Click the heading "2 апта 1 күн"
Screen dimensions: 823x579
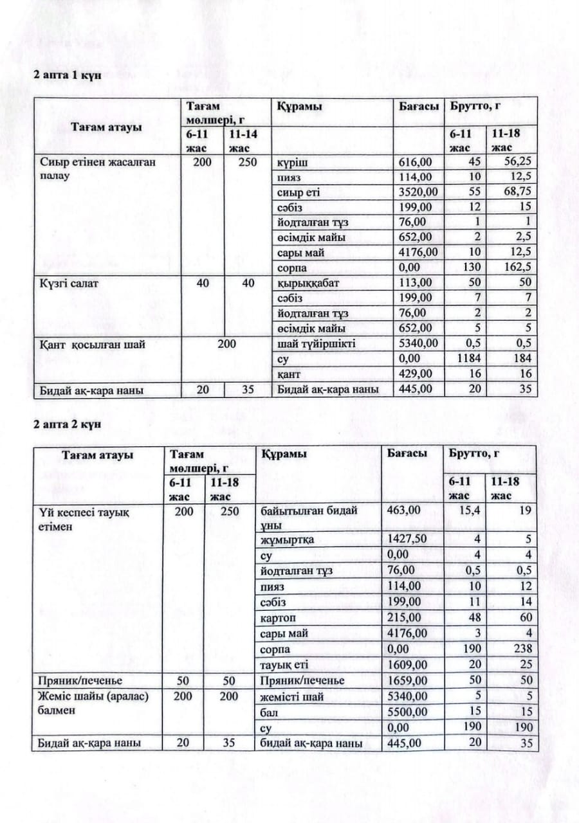pyautogui.click(x=68, y=76)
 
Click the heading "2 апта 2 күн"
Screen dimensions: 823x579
pyautogui.click(x=68, y=424)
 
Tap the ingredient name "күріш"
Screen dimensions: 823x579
pyautogui.click(x=289, y=162)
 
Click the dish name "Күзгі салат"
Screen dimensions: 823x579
pyautogui.click(x=69, y=284)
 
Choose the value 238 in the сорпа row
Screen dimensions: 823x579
pyautogui.click(x=524, y=649)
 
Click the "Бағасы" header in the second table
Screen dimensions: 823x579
pyautogui.click(x=407, y=454)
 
